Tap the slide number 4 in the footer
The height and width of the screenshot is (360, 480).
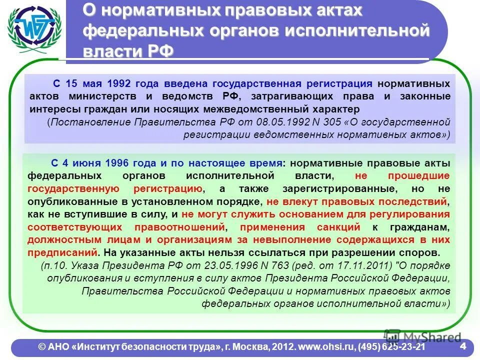[462, 346]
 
